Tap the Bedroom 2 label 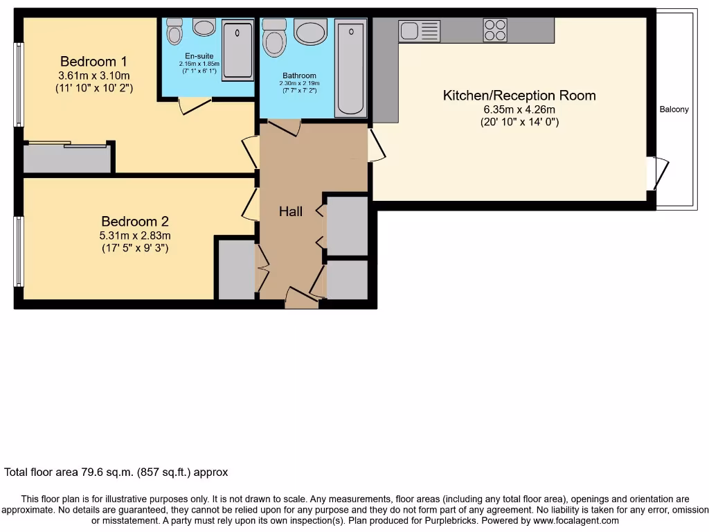tap(134, 222)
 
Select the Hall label tap(290, 211)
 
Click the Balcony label tap(674, 109)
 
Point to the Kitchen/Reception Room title tap(519, 96)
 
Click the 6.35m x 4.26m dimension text tap(519, 109)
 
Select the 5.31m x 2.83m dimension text tap(134, 236)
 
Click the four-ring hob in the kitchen tap(495, 30)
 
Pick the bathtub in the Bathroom tap(350, 69)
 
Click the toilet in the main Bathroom tap(274, 37)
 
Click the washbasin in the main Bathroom tap(310, 31)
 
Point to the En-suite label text tap(199, 55)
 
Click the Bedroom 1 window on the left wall tap(19, 85)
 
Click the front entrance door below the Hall tap(301, 298)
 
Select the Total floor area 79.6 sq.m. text tap(116, 472)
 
